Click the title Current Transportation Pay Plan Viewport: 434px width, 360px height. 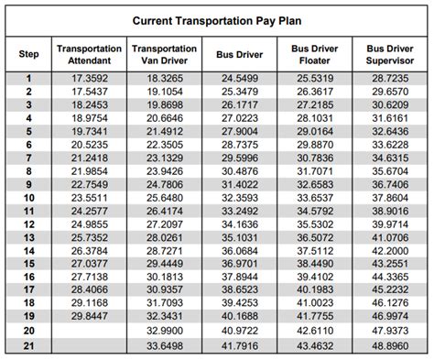click(217, 18)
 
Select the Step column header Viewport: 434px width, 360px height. click(28, 55)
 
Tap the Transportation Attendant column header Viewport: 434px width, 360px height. click(89, 55)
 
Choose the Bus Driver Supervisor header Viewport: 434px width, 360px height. click(389, 55)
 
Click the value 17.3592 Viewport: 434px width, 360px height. click(89, 80)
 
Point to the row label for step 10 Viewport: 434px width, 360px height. click(28, 198)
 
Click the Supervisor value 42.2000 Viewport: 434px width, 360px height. click(390, 251)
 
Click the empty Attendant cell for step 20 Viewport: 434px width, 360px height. click(89, 331)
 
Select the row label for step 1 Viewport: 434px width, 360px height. click(28, 80)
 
